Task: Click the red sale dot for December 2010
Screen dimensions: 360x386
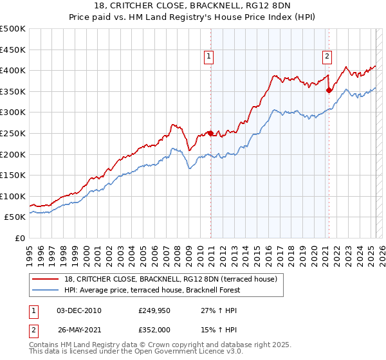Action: [x=210, y=133]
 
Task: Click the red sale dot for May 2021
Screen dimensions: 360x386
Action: [x=329, y=91]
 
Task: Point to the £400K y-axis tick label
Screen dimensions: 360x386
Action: [x=14, y=70]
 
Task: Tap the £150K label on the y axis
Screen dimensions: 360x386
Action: [x=14, y=175]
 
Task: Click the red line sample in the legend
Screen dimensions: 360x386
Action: [x=46, y=279]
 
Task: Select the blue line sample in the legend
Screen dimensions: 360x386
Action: [x=46, y=290]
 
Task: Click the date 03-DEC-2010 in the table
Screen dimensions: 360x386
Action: [x=79, y=310]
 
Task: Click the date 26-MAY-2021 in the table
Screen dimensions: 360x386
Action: [x=79, y=330]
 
